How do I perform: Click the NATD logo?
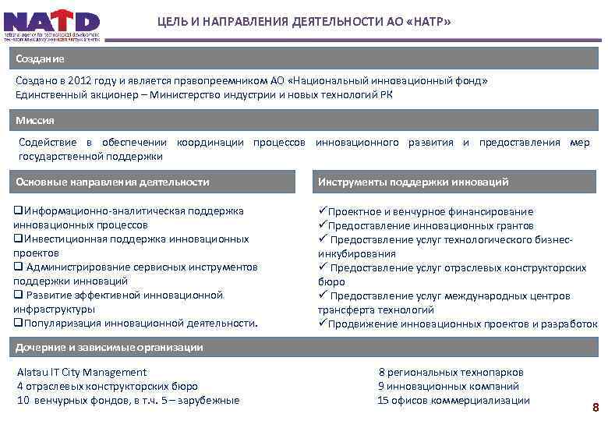pyautogui.click(x=51, y=25)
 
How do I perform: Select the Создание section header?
pyautogui.click(x=40, y=59)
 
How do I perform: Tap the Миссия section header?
pyautogui.click(x=35, y=121)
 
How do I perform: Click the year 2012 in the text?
pyautogui.click(x=80, y=80)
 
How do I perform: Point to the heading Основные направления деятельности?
pyautogui.click(x=113, y=182)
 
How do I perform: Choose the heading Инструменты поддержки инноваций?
pyautogui.click(x=413, y=182)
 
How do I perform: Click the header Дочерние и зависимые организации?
pyautogui.click(x=110, y=347)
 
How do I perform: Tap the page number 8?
pyautogui.click(x=596, y=407)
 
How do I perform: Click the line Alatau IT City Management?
pyautogui.click(x=82, y=373)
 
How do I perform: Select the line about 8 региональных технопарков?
pyautogui.click(x=451, y=373)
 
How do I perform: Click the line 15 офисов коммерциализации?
pyautogui.click(x=453, y=400)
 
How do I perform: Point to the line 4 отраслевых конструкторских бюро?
pyautogui.click(x=108, y=386)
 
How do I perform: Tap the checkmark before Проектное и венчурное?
pyautogui.click(x=322, y=211)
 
